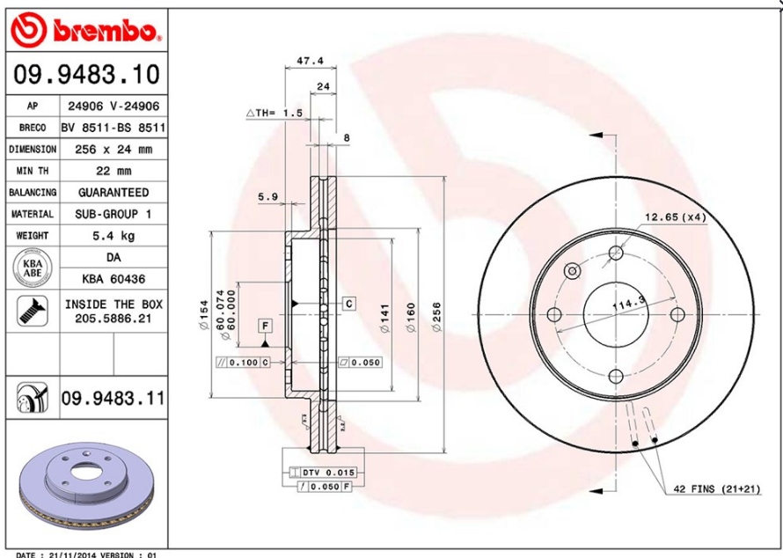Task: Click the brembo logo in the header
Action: point(86,32)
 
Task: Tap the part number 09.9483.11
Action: point(112,399)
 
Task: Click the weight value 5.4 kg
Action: point(113,236)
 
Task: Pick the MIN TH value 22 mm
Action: point(113,171)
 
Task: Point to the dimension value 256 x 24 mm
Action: point(113,150)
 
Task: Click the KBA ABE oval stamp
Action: point(33,268)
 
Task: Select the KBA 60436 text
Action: point(113,279)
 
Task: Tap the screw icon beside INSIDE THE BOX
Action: point(33,310)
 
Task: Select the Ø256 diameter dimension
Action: point(436,316)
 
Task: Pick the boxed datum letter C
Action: point(348,304)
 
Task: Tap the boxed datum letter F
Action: point(263,327)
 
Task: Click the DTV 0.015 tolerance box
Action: point(320,473)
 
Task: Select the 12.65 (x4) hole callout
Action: point(675,217)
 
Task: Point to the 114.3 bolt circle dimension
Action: point(628,305)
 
